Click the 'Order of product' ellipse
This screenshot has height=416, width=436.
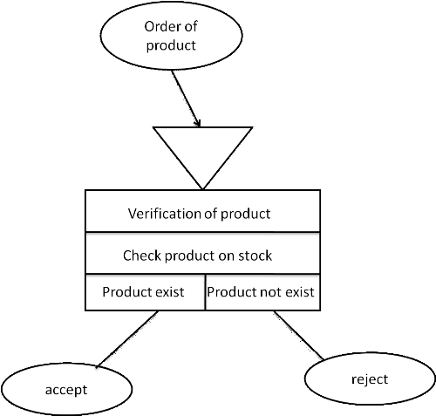[x=172, y=36]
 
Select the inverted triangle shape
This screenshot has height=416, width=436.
[x=202, y=151]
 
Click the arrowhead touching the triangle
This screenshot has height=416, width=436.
[x=198, y=123]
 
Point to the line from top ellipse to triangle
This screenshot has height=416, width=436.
[x=186, y=99]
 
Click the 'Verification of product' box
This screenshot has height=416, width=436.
[x=203, y=211]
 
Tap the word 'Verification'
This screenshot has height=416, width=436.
[x=165, y=214]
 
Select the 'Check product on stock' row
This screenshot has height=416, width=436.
[x=203, y=253]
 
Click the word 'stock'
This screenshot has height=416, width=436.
[x=255, y=256]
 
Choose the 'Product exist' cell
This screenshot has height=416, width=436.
[x=145, y=292]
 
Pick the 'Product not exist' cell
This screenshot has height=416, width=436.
[x=262, y=292]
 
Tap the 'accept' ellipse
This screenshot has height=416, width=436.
[x=66, y=389]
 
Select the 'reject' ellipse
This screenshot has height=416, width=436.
[x=370, y=378]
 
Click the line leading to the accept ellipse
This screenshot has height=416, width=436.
[x=127, y=338]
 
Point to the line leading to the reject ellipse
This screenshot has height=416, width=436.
[x=298, y=336]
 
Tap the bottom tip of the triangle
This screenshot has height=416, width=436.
[x=202, y=189]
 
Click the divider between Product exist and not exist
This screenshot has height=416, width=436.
[x=205, y=292]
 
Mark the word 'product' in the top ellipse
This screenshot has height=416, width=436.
[x=171, y=45]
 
